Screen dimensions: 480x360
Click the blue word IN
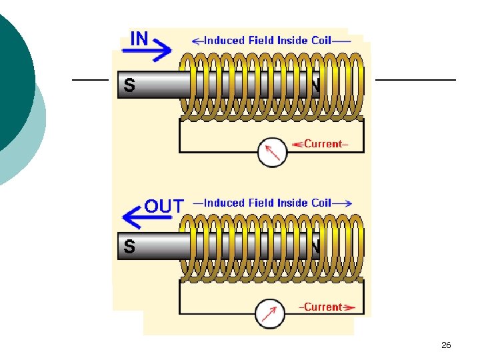pyautogui.click(x=139, y=39)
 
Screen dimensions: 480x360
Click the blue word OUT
pyautogui.click(x=164, y=206)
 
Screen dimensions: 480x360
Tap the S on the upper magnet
pyautogui.click(x=129, y=85)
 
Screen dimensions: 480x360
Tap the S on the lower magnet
pyautogui.click(x=129, y=246)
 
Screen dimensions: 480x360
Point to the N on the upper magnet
pyautogui.click(x=316, y=85)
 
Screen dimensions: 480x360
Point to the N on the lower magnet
pyautogui.click(x=316, y=246)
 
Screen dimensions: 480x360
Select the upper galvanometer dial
pyautogui.click(x=272, y=153)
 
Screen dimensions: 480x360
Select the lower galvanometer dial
pyautogui.click(x=270, y=314)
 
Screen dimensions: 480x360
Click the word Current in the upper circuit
pyautogui.click(x=323, y=144)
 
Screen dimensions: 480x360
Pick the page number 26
pyautogui.click(x=446, y=345)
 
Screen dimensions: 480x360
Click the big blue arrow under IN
pyautogui.click(x=147, y=50)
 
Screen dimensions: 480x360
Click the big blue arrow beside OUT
pyautogui.click(x=147, y=217)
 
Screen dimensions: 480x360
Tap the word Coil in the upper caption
pyautogui.click(x=321, y=41)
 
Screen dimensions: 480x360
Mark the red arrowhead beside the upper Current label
pyautogui.click(x=298, y=144)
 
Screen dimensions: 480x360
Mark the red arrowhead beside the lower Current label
pyautogui.click(x=349, y=307)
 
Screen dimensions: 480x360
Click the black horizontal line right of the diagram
pyautogui.click(x=416, y=80)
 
